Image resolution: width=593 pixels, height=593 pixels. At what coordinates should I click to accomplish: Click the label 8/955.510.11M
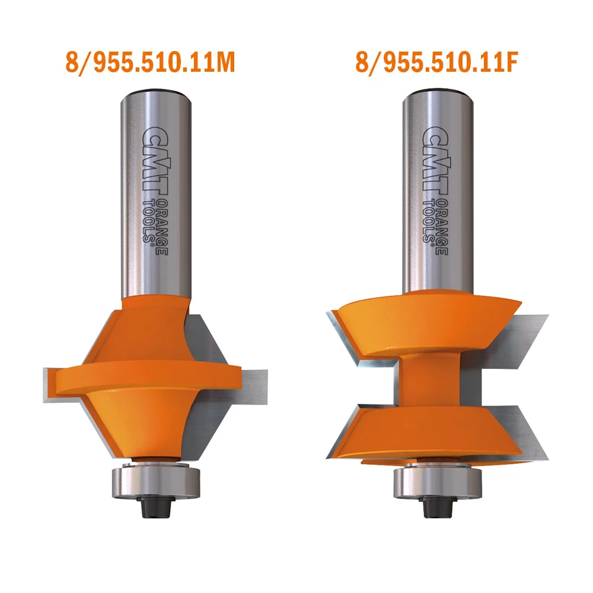[150, 63]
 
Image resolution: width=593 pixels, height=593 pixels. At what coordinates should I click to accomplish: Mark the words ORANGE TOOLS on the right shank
[441, 222]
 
